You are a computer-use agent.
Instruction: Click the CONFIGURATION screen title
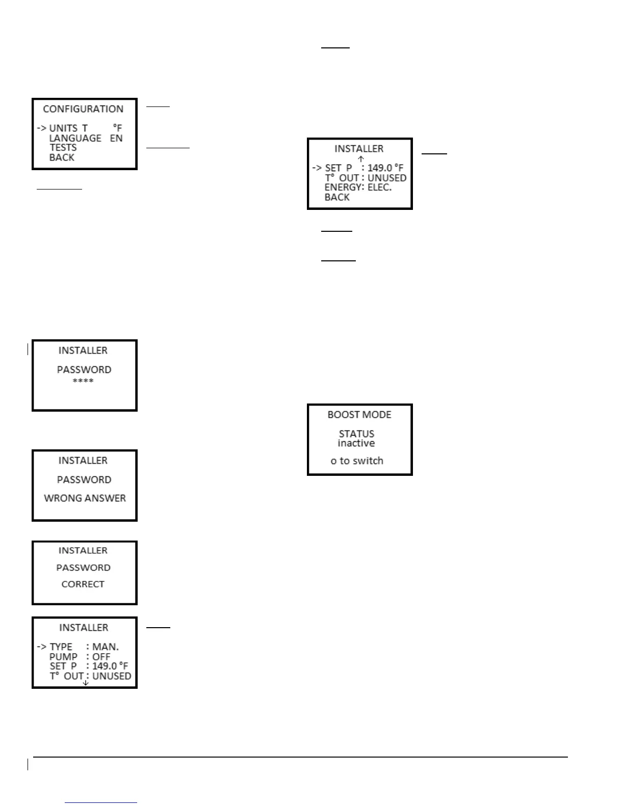click(83, 109)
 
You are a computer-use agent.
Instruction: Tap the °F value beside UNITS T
click(118, 128)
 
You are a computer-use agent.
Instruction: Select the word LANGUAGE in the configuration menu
click(75, 138)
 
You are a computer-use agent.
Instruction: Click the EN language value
click(116, 138)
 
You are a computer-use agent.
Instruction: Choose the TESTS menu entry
click(63, 148)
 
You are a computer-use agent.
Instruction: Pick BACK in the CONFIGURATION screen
click(62, 157)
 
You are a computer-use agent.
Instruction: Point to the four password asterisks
click(83, 381)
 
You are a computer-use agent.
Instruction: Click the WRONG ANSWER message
click(85, 498)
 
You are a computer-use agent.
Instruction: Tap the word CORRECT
click(83, 584)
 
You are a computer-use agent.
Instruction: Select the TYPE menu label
click(61, 647)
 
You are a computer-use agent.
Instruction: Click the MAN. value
click(106, 647)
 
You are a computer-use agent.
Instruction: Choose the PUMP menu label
click(63, 657)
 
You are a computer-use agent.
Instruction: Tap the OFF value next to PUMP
click(101, 657)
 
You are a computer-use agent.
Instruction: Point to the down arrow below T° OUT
click(86, 683)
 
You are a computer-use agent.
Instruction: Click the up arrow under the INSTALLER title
click(361, 158)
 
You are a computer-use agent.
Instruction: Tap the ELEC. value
click(380, 187)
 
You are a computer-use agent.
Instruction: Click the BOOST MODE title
click(359, 415)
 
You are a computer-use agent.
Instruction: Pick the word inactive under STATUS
click(356, 443)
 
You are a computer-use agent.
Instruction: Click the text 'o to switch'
click(357, 461)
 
